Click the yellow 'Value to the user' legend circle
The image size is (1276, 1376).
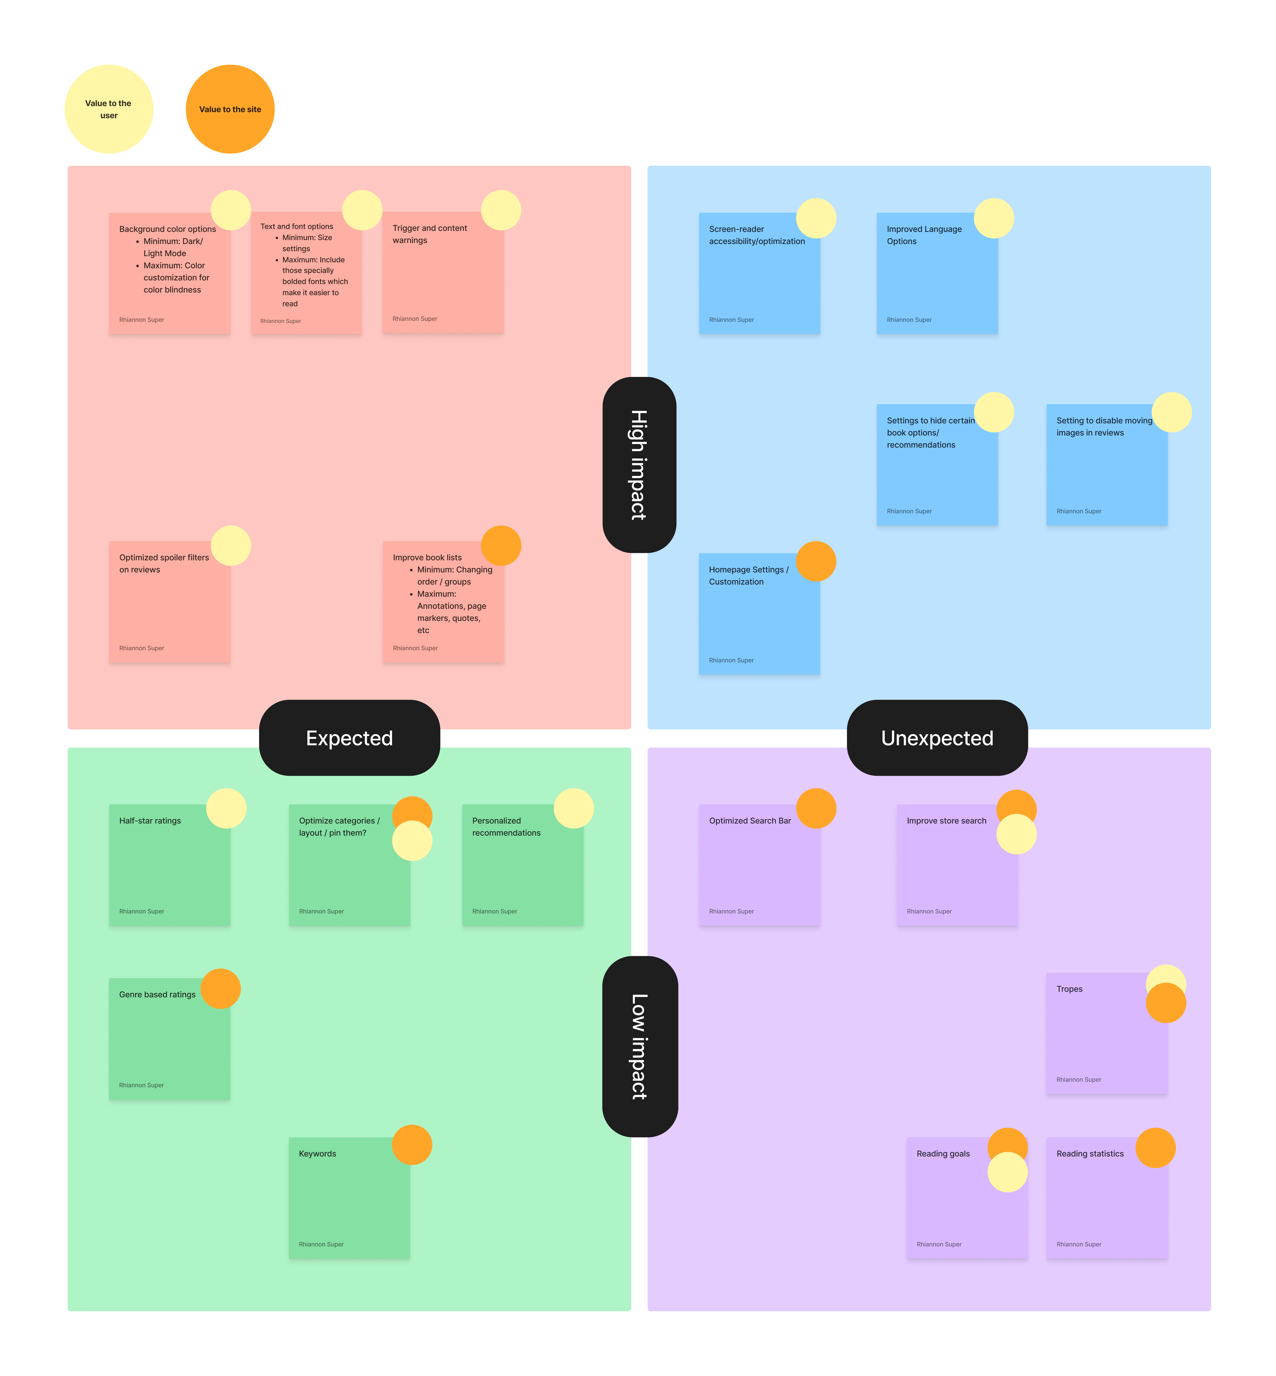pos(108,109)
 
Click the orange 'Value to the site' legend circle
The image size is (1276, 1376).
pos(230,109)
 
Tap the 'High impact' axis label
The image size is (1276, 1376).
pos(639,465)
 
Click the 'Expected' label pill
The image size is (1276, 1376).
pos(349,738)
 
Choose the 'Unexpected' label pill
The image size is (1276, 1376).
pos(937,738)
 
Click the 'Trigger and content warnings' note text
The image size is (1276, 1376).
pos(430,234)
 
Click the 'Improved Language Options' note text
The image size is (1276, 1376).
pos(924,235)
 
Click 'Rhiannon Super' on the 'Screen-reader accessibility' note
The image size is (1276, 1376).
pos(731,320)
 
